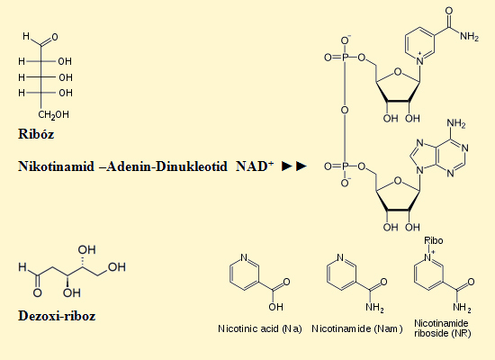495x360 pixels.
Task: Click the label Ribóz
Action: [36, 134]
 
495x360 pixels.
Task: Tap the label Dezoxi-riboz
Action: [57, 316]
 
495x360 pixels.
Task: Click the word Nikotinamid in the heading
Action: [56, 166]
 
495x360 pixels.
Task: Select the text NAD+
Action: [255, 166]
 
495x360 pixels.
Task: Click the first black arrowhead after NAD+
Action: [286, 166]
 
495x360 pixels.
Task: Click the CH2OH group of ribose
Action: [53, 114]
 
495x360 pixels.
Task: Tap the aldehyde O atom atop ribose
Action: [55, 37]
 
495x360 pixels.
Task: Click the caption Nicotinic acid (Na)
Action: [260, 328]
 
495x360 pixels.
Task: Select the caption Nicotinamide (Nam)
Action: [357, 328]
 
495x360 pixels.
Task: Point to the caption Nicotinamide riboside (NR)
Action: [442, 328]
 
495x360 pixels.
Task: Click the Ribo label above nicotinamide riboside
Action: [434, 240]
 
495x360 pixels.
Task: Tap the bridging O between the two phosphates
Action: [345, 110]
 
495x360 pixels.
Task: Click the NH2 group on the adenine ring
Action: [456, 123]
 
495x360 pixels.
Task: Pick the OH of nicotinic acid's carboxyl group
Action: [276, 307]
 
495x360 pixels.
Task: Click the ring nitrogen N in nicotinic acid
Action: [244, 257]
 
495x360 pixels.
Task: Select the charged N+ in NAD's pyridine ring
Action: [420, 60]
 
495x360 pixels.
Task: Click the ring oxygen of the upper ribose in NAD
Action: [398, 72]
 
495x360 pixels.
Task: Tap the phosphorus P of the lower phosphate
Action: [345, 166]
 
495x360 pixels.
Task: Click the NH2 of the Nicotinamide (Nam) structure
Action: [375, 307]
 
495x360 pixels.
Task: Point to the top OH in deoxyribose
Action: [86, 250]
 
